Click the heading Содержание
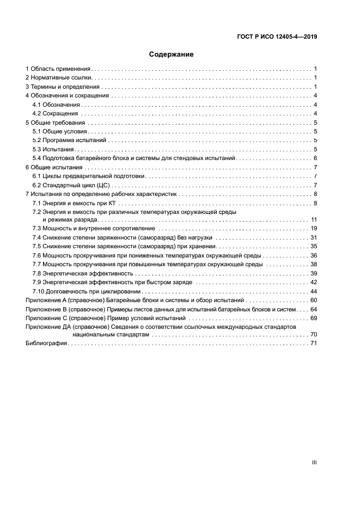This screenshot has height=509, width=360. (172, 54)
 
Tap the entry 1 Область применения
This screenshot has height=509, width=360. (58, 69)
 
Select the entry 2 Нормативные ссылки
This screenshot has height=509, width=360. (59, 78)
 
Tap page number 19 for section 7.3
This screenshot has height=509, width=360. (313, 229)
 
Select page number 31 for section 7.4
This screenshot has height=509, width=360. (313, 238)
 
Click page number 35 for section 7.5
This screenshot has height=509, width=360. (313, 247)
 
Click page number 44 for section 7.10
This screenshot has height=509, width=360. (313, 291)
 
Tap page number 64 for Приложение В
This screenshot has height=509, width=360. (313, 309)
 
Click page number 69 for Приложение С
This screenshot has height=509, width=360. (313, 318)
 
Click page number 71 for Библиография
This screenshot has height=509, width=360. (313, 344)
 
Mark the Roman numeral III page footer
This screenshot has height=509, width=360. (314, 462)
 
